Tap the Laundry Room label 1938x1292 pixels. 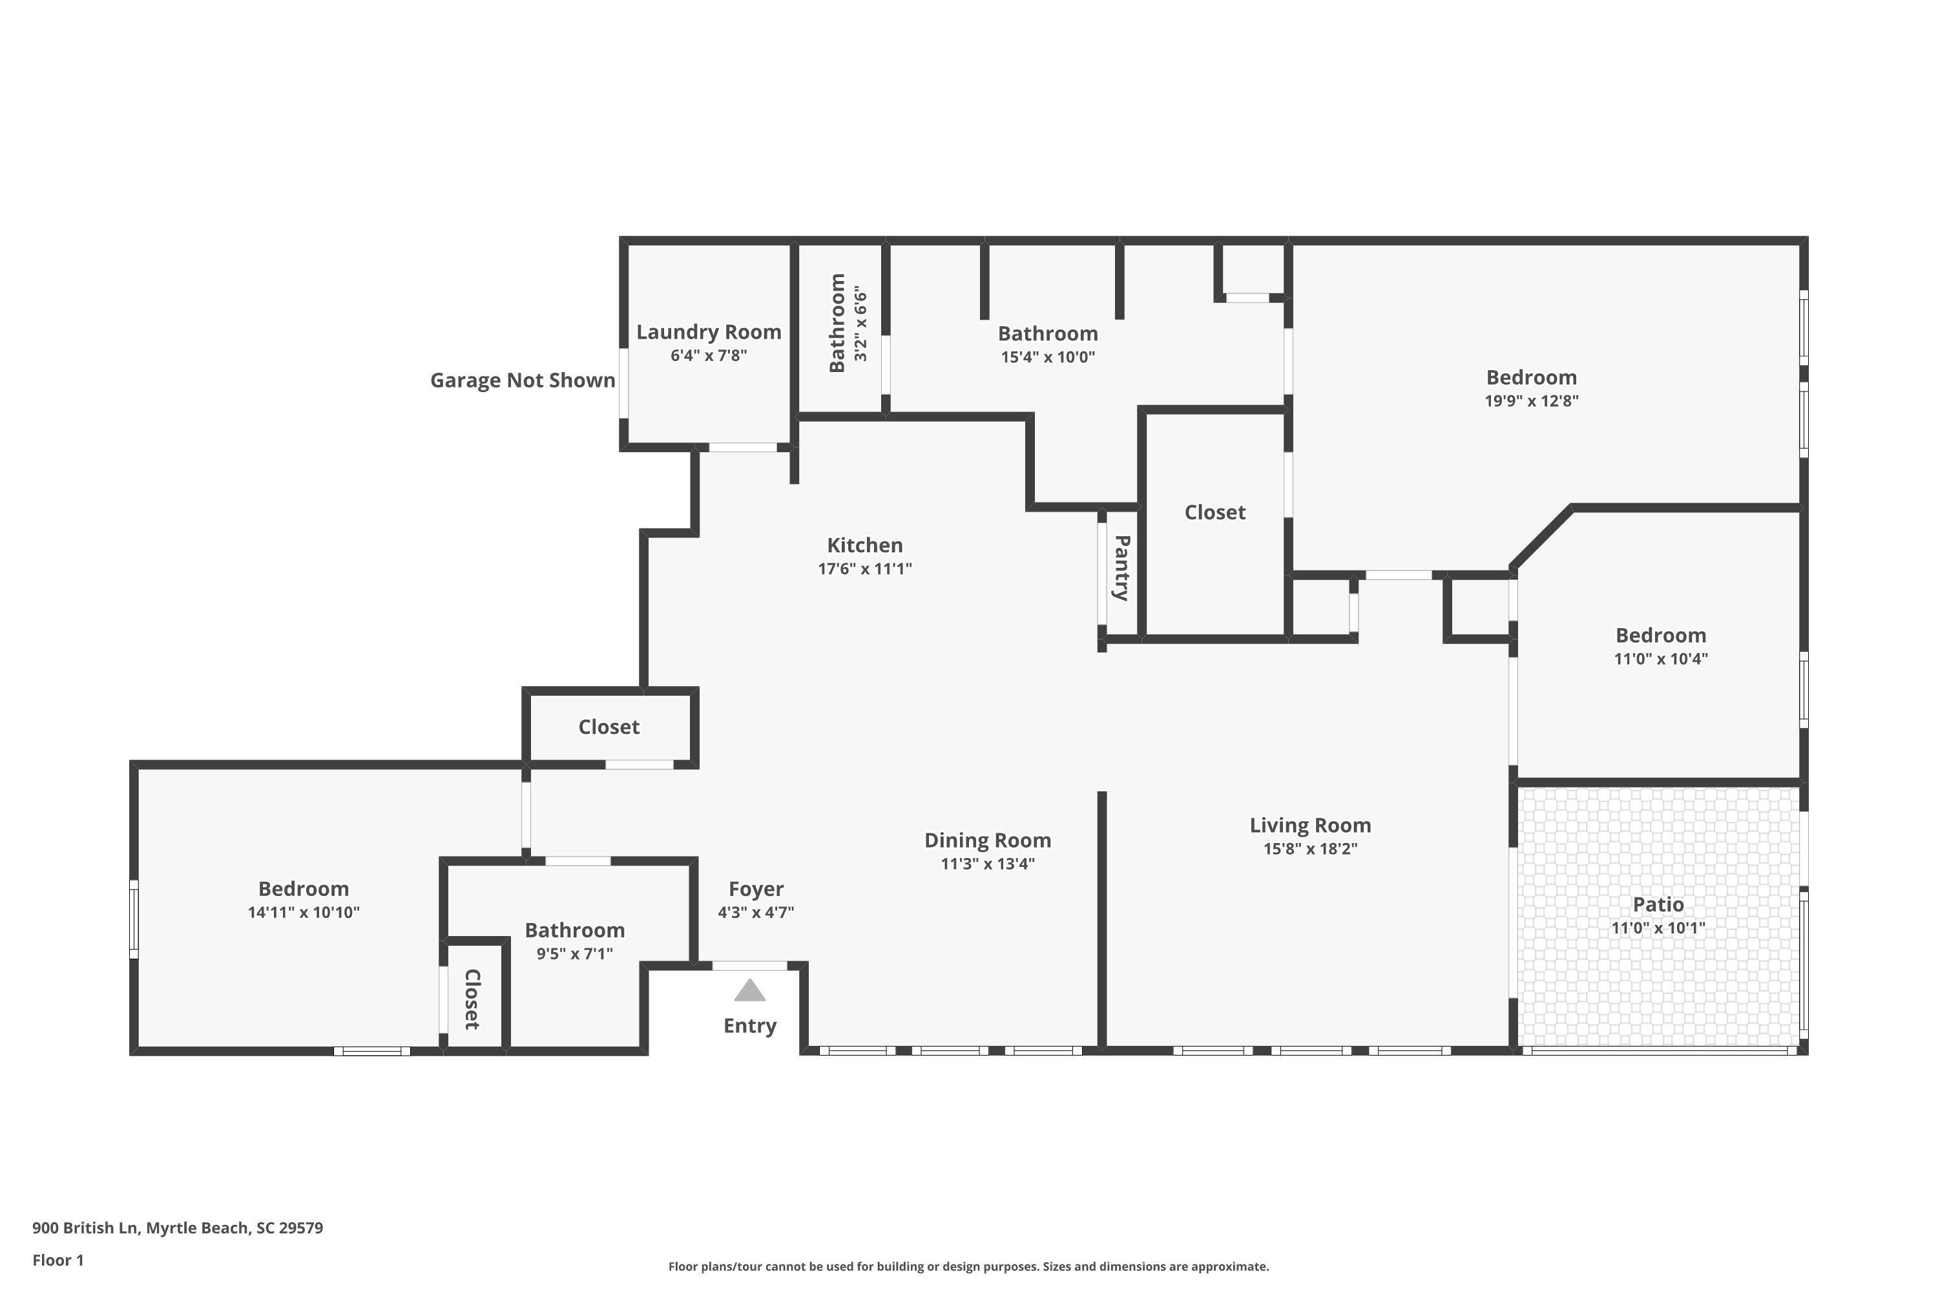709,332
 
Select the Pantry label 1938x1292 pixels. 1121,568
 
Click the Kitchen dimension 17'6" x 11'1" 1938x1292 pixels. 864,568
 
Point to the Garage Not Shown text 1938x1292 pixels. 523,380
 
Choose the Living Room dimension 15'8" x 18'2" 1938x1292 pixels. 1310,849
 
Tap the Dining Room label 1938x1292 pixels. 987,840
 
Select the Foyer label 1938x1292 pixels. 756,889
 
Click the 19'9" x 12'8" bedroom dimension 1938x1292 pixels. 1531,401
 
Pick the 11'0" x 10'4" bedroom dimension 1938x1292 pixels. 1660,659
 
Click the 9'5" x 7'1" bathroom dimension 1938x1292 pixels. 574,953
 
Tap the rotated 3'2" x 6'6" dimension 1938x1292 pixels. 860,324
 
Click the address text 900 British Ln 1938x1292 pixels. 84,1228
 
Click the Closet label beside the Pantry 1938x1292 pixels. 1214,512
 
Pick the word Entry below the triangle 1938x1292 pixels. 750,1026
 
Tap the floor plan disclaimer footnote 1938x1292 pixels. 968,1266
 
